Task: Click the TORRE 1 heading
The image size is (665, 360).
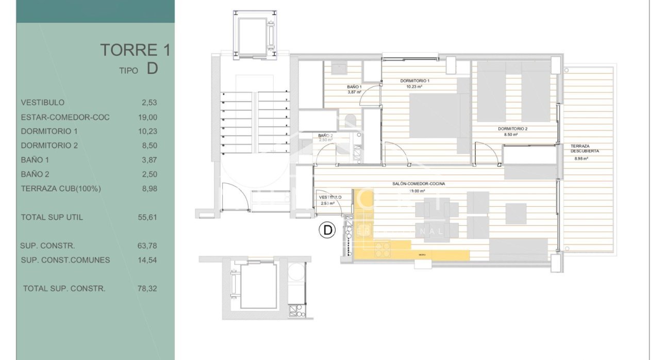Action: pos(135,50)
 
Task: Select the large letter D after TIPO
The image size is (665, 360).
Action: pos(152,69)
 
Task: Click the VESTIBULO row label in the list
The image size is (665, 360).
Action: pos(43,103)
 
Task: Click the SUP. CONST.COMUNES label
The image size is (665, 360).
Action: pos(65,260)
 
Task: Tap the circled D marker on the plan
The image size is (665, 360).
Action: pos(327,230)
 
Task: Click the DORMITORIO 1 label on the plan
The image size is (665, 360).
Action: pos(415,81)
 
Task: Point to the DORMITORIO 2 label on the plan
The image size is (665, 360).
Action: pos(512,128)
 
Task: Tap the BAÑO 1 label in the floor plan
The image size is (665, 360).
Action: pos(354,87)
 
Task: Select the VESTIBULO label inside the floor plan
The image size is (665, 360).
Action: pos(330,198)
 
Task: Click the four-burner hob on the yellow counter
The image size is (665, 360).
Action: pos(383,250)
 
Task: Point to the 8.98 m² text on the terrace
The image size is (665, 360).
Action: pos(581,159)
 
